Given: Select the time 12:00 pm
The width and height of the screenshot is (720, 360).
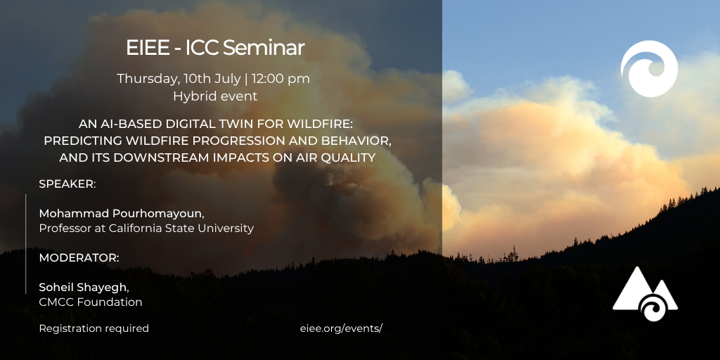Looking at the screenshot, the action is coord(281,79).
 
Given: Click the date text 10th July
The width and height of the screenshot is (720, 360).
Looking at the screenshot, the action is coord(212,79).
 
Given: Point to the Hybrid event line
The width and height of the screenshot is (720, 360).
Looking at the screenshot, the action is coord(215,96).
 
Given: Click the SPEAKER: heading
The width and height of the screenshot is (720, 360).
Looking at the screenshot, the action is coord(67,184).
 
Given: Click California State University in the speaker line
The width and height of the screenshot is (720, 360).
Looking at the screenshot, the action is coord(181,229).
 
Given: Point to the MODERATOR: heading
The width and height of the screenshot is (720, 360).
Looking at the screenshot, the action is coord(79,258).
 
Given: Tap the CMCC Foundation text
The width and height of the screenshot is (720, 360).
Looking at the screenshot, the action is coord(91,302).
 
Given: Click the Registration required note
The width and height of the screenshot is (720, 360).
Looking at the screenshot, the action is coord(94,329).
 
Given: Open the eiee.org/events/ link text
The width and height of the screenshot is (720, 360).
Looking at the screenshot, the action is coord(341,329).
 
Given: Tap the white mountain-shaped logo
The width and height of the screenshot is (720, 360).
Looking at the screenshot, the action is coord(645,294).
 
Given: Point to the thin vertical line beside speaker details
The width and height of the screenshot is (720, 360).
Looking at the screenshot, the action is coord(26,244).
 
